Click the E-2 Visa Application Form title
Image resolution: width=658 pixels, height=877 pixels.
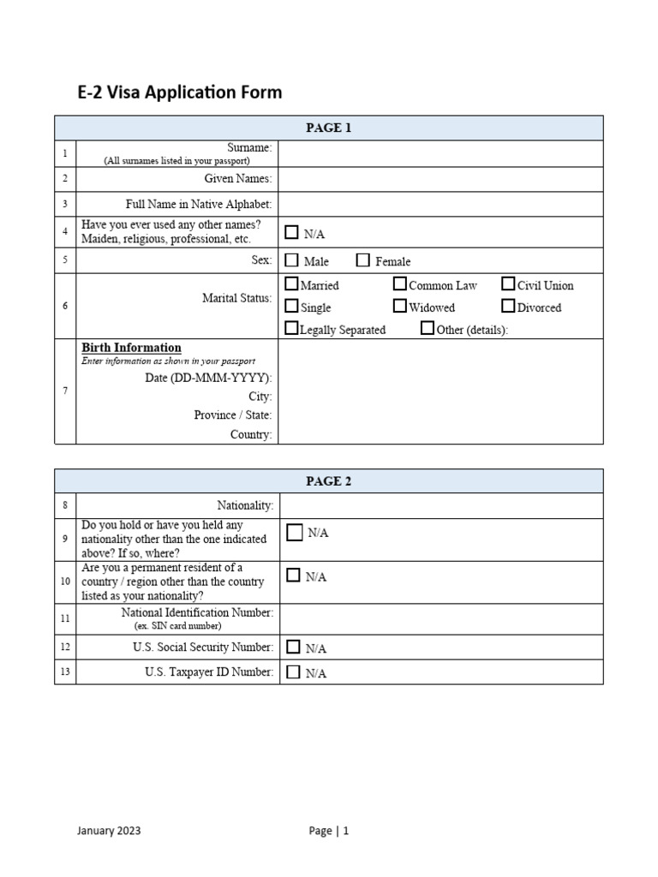click(180, 92)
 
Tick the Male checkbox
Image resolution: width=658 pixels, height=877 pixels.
click(291, 260)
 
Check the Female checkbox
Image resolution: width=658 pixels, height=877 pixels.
click(363, 260)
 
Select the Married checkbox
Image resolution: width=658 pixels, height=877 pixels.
click(291, 284)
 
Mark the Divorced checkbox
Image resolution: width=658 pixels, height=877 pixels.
click(509, 306)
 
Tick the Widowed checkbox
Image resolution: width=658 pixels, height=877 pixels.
click(400, 306)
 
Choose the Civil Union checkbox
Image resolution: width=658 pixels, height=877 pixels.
click(509, 284)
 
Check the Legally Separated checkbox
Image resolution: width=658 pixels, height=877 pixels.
click(291, 328)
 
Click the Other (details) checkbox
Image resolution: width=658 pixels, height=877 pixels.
click(428, 328)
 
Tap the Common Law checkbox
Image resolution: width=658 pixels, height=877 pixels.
click(400, 284)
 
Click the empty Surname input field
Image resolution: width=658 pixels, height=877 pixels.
click(440, 153)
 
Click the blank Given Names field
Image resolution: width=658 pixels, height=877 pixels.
click(440, 179)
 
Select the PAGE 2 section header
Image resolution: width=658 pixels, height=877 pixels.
click(329, 481)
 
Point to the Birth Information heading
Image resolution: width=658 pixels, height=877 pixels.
click(131, 348)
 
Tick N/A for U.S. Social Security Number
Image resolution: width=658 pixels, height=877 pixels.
click(294, 647)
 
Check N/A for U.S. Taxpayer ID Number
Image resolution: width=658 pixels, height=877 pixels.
click(294, 671)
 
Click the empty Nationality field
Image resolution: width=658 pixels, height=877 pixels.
click(440, 506)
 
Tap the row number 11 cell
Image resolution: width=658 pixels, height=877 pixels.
click(65, 618)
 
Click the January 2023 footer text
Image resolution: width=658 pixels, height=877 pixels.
click(109, 830)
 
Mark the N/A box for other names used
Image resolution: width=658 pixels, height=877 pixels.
click(292, 232)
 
